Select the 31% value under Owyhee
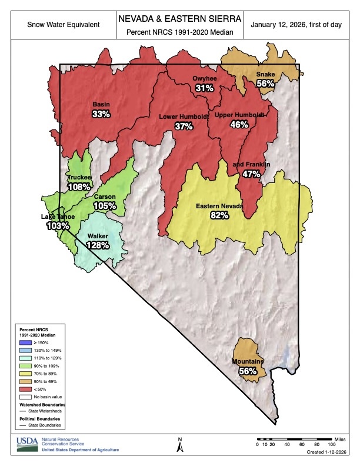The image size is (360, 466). tap(204, 88)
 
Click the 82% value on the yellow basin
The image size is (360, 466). tap(219, 215)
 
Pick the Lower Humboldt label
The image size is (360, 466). tap(184, 117)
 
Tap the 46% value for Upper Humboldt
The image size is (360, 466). tap(238, 124)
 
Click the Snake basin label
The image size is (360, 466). tap(265, 74)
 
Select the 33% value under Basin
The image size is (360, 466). tap(101, 114)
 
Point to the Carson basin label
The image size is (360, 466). tap(105, 197)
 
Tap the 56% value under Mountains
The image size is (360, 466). tap(248, 371)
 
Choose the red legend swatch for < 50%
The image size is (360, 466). tap(24, 388)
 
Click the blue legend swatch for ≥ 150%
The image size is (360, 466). tap(24, 342)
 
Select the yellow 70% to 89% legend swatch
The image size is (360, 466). tap(24, 373)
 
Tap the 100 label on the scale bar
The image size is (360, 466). tap(332, 444)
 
